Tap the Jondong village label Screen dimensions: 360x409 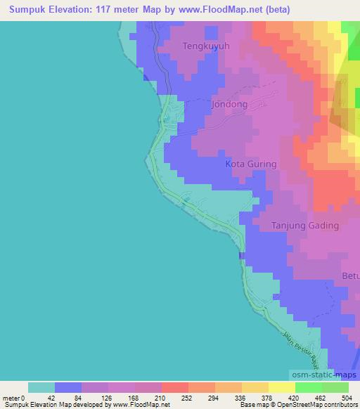click(x=229, y=104)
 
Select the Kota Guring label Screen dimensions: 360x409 click(x=250, y=164)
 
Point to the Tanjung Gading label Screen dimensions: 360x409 click(x=305, y=226)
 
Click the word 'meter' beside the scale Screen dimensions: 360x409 click(x=10, y=398)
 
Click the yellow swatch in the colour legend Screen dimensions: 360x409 click(x=281, y=387)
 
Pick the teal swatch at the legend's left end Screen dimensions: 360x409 click(x=41, y=387)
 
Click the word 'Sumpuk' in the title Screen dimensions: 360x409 click(x=24, y=10)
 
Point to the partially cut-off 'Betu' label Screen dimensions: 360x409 click(x=351, y=275)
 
